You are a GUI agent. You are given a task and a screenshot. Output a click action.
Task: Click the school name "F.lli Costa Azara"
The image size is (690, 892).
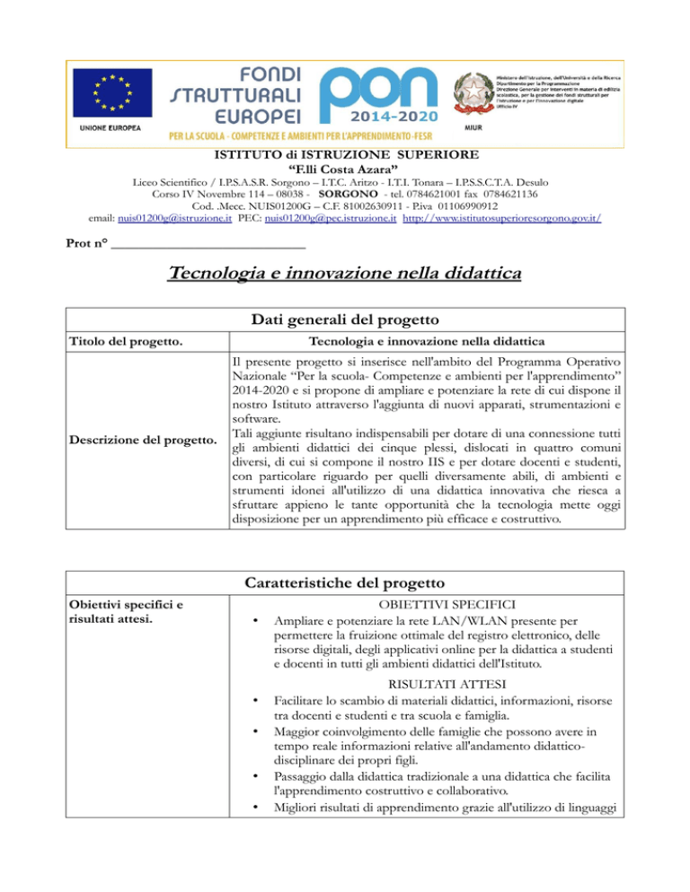[x=344, y=168]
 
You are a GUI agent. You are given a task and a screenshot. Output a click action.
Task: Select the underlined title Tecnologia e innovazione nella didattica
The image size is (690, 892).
[x=344, y=272]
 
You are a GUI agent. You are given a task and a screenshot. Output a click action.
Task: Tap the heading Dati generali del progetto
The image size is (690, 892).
[x=344, y=319]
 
